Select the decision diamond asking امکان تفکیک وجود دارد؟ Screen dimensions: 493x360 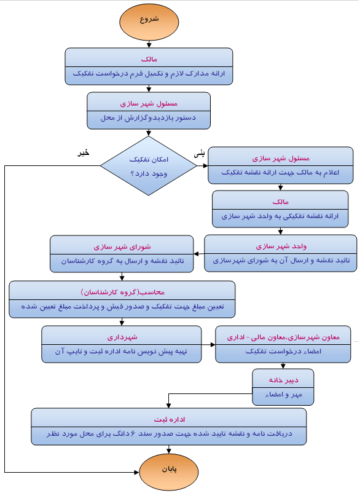[149, 166]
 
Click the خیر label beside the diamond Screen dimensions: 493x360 [83, 152]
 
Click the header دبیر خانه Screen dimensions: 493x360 [283, 379]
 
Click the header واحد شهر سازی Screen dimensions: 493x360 [280, 246]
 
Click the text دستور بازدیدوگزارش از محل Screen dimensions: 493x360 [149, 117]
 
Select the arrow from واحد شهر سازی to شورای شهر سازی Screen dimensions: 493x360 [198, 254]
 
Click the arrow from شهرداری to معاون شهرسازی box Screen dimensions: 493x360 [208, 344]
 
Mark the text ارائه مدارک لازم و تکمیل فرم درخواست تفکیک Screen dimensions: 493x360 [149, 73]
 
